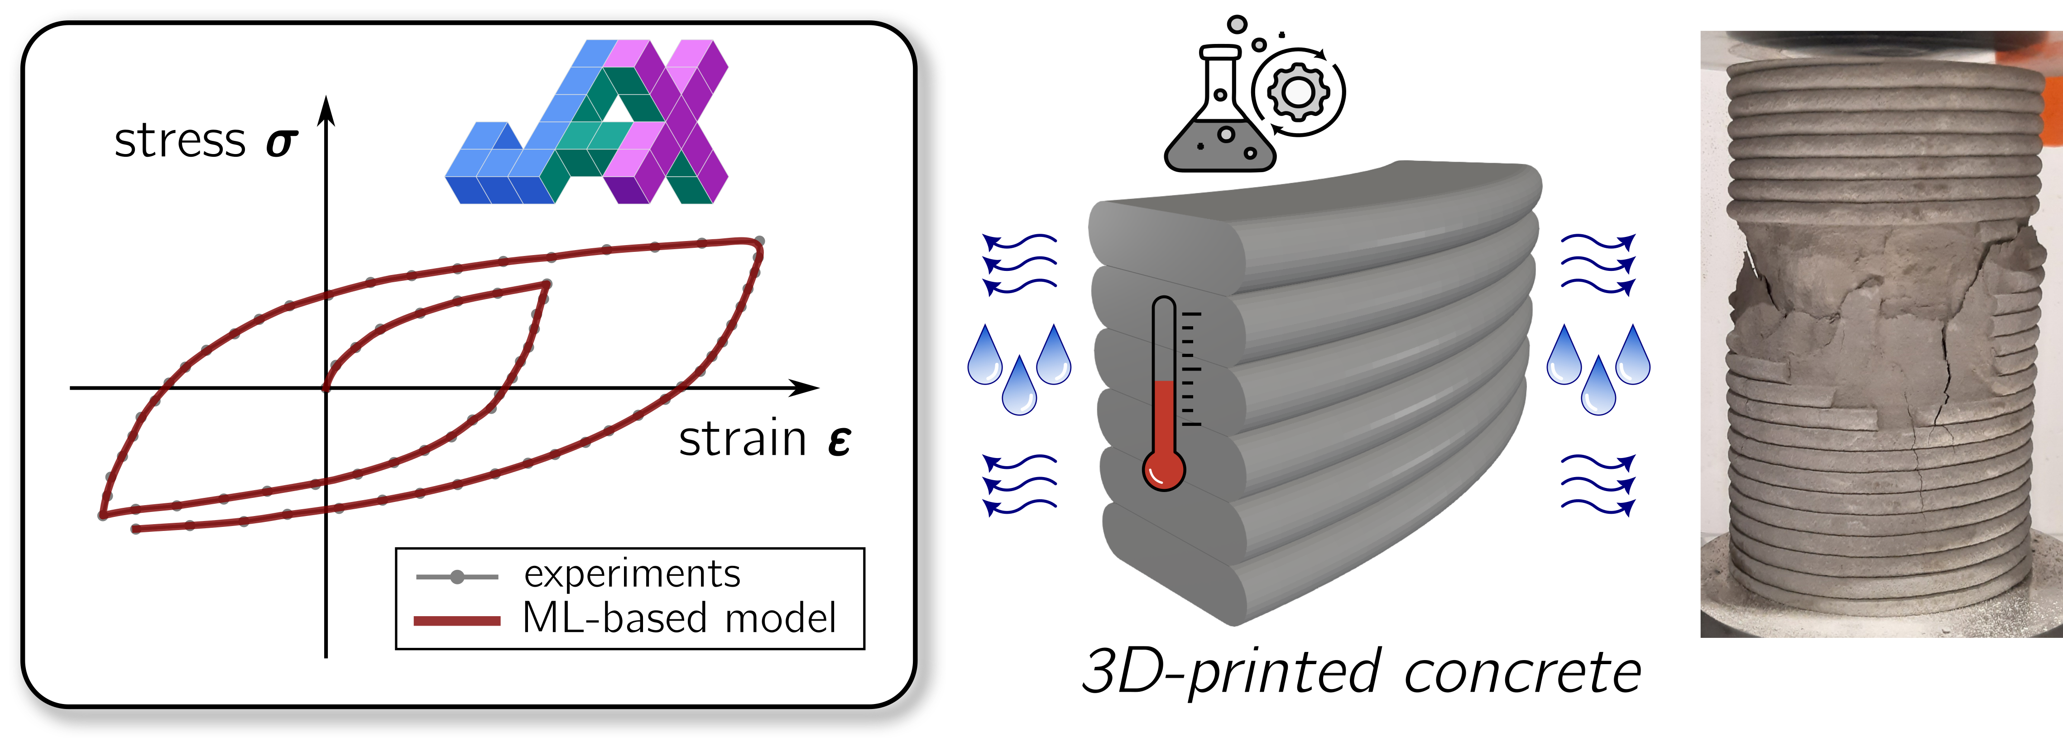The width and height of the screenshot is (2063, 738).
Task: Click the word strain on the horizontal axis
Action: pos(743,440)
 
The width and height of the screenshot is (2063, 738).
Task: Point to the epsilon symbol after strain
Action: pos(839,442)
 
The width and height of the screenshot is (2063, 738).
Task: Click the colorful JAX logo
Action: pos(587,122)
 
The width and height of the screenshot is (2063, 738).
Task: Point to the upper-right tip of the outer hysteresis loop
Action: pos(759,242)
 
